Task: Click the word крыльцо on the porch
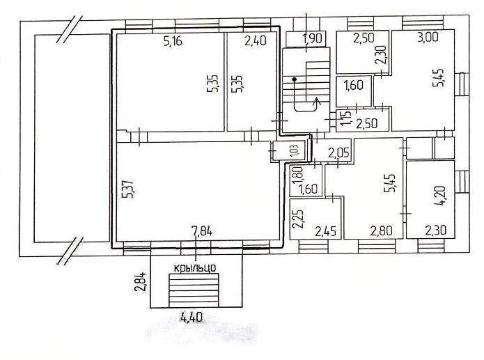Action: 195,267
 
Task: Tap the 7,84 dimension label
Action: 202,231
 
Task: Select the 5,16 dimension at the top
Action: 173,41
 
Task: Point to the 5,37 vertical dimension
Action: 128,189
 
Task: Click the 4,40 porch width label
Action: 192,317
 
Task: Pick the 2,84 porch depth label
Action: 141,282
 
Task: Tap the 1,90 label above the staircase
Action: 313,39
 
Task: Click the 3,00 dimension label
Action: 428,37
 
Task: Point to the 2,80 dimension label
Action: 382,230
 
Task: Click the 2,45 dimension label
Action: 325,231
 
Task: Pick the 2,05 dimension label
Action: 338,152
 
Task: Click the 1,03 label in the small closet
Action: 295,151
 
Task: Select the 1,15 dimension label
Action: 346,118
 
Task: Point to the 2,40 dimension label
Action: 256,40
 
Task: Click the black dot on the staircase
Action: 294,79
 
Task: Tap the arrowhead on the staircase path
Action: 317,101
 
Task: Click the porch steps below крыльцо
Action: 194,290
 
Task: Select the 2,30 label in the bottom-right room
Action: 435,230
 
